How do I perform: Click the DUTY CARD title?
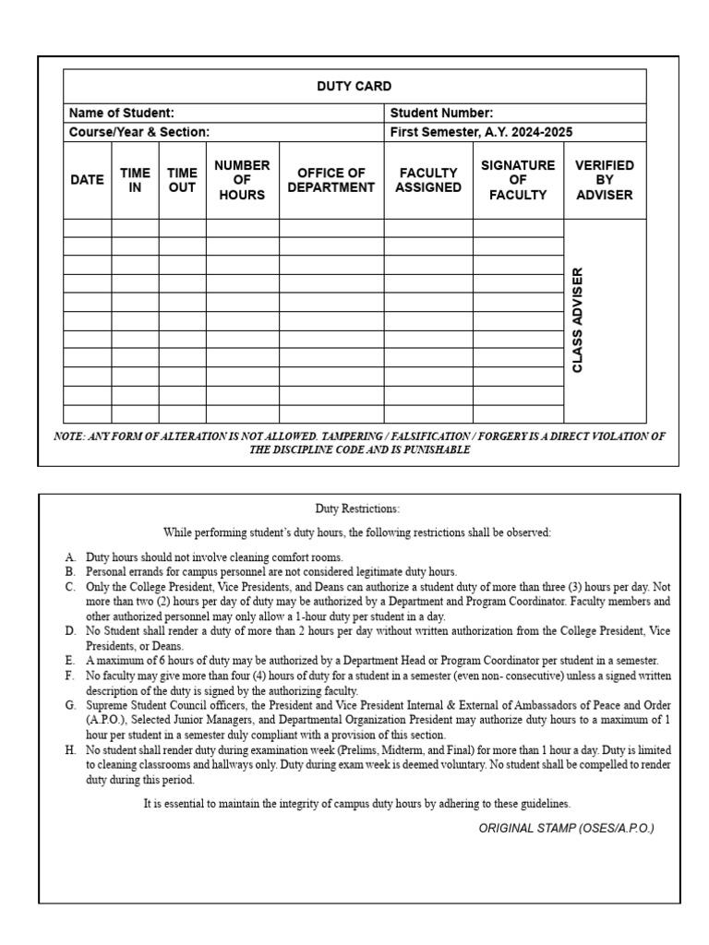click(x=354, y=86)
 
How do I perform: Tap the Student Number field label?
click(x=441, y=113)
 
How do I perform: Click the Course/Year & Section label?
click(x=139, y=132)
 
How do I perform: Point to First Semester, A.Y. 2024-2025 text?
click(x=481, y=132)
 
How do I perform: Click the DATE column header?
click(x=87, y=180)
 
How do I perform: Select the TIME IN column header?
click(x=135, y=180)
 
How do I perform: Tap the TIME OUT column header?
click(x=182, y=180)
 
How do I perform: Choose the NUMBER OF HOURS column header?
click(x=242, y=180)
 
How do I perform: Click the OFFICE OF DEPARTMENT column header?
click(x=331, y=180)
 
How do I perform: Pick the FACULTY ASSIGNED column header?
click(x=428, y=180)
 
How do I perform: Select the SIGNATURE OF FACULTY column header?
click(x=518, y=180)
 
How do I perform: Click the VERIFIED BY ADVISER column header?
click(x=605, y=180)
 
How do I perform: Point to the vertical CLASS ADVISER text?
click(x=578, y=320)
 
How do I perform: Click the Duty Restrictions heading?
click(x=357, y=508)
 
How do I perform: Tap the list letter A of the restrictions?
click(x=70, y=557)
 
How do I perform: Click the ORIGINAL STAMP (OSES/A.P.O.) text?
click(x=566, y=828)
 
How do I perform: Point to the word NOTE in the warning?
click(x=69, y=437)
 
